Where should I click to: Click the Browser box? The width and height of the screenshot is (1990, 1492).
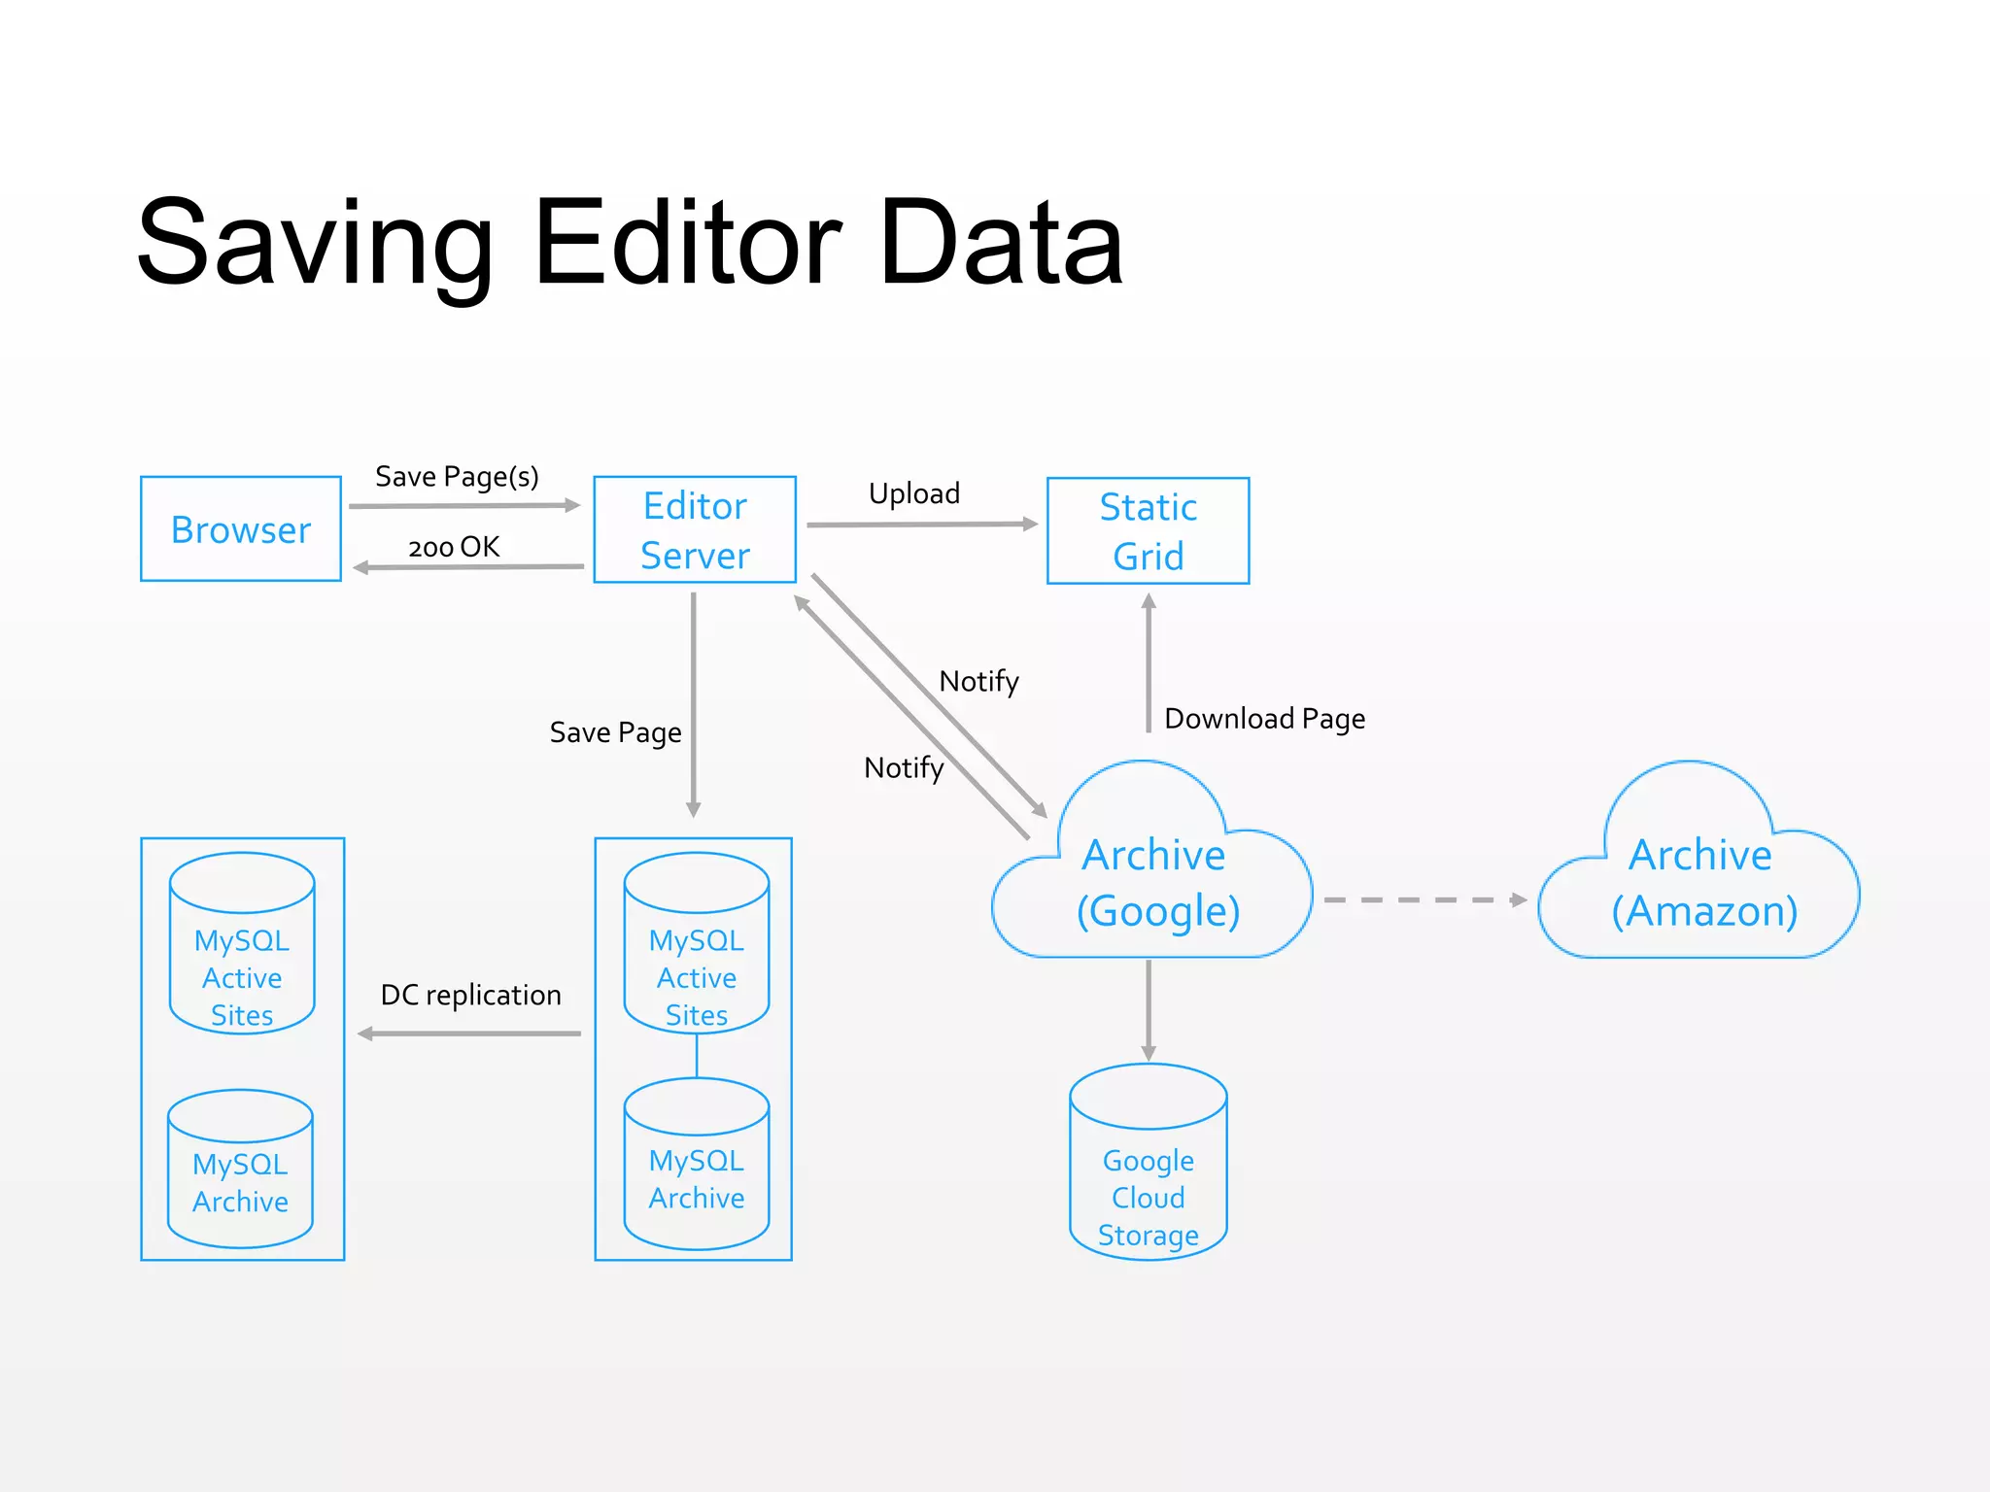(241, 529)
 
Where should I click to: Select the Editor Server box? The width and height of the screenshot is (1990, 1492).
(695, 530)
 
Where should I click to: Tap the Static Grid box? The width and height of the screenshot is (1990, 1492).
(1148, 531)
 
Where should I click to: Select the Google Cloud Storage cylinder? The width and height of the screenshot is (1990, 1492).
(1148, 1166)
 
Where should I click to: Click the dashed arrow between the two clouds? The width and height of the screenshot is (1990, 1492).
(1424, 900)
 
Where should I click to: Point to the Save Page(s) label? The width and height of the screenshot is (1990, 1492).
(457, 477)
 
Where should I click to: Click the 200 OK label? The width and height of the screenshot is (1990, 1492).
(454, 547)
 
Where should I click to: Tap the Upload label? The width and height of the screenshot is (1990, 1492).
(913, 493)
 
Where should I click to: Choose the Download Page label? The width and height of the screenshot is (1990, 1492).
(1264, 719)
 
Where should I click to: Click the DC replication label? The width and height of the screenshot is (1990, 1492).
(470, 996)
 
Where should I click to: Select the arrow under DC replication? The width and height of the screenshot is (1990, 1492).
(469, 1034)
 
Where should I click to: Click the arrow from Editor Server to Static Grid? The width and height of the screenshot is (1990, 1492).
(921, 525)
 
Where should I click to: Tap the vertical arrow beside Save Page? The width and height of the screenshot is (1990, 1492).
(694, 704)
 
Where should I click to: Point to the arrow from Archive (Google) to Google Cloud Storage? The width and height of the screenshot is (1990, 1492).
(1149, 1010)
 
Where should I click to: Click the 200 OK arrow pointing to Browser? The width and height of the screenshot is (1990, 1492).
(468, 567)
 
